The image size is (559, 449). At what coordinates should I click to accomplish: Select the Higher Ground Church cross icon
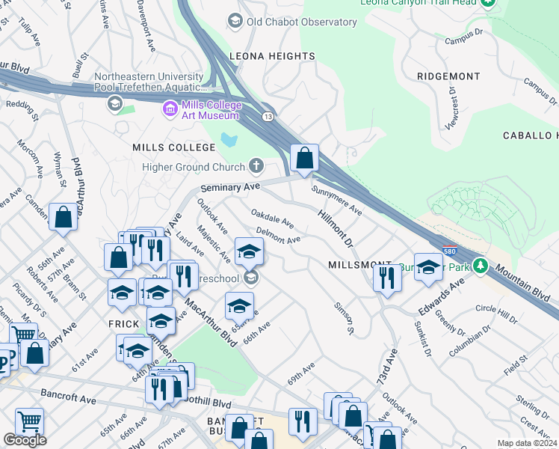[256, 165]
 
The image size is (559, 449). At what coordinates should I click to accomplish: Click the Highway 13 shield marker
[267, 116]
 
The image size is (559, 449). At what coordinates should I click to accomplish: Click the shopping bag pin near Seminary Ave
[304, 159]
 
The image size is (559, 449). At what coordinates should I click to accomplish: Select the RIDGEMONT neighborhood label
[448, 76]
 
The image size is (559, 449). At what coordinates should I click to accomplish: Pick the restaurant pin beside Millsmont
[386, 278]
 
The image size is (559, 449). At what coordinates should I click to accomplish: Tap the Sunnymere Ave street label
[337, 201]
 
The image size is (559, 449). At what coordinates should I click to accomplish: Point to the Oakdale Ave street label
[272, 220]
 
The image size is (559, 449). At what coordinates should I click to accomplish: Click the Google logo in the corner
[25, 440]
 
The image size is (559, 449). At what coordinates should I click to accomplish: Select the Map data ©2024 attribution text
[527, 443]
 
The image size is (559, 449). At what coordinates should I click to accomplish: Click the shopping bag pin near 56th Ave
[64, 219]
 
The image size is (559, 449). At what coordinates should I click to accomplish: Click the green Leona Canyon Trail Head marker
[489, 3]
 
